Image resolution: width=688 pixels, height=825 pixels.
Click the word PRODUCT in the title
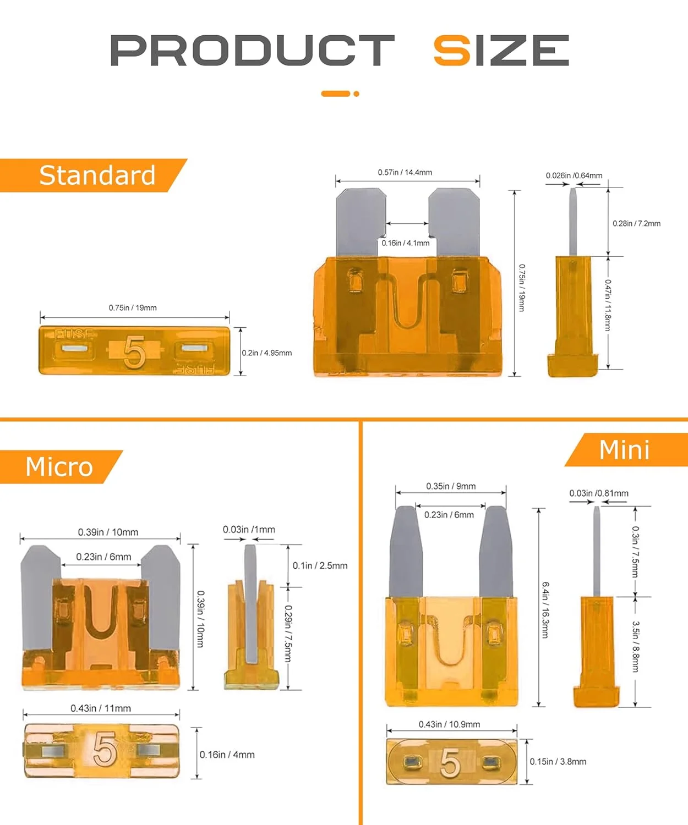click(x=252, y=51)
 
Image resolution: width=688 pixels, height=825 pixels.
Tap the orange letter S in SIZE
click(x=452, y=51)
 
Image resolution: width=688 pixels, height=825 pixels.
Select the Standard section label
click(x=97, y=175)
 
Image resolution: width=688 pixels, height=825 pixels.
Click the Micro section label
click(x=59, y=467)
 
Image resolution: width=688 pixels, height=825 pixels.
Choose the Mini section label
click(x=624, y=450)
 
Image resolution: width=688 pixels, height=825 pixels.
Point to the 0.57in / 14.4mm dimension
click(x=405, y=173)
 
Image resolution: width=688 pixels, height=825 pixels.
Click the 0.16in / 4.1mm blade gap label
click(x=406, y=243)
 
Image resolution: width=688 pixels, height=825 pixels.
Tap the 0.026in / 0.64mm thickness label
click(x=574, y=175)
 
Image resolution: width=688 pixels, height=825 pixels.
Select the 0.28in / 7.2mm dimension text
click(x=636, y=223)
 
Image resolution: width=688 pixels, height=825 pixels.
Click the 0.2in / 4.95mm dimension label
click(x=267, y=353)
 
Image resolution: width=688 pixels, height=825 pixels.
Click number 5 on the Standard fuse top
click(x=134, y=352)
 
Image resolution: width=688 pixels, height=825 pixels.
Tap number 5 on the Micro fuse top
click(x=104, y=749)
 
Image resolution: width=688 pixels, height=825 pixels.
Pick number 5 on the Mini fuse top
click(x=450, y=763)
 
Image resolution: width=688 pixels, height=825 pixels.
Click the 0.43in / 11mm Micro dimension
click(x=101, y=708)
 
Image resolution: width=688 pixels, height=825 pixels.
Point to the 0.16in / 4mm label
click(x=227, y=755)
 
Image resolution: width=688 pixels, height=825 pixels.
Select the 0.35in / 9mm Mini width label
click(x=451, y=486)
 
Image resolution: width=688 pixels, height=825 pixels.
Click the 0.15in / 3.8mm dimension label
click(x=558, y=762)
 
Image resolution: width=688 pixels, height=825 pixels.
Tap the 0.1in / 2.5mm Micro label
click(x=320, y=565)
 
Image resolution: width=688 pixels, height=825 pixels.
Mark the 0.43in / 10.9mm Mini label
click(x=449, y=724)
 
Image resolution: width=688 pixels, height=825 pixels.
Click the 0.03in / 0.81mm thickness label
click(x=598, y=493)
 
